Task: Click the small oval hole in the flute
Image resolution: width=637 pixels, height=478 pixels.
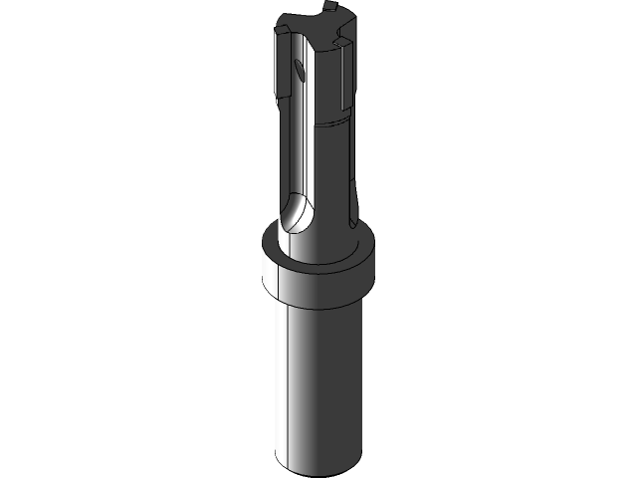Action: tap(300, 69)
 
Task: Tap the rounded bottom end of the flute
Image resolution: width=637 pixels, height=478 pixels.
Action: tap(297, 214)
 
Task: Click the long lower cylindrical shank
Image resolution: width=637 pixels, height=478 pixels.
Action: tap(318, 388)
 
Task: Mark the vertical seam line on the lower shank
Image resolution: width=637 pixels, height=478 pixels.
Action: tap(289, 388)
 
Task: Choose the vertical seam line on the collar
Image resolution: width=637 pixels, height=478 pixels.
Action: tap(289, 283)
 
